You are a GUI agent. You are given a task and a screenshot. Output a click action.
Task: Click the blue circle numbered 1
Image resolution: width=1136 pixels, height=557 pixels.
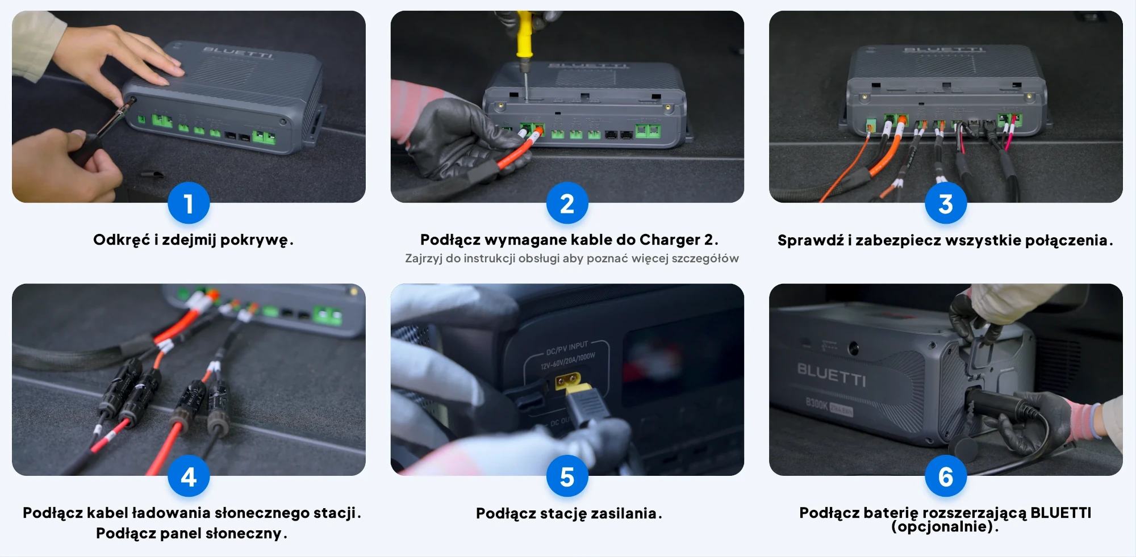(x=189, y=203)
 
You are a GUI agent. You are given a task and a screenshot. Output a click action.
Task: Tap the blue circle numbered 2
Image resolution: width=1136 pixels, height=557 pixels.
(x=567, y=203)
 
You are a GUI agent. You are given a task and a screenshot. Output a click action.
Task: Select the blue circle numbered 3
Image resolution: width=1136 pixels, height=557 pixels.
(x=946, y=203)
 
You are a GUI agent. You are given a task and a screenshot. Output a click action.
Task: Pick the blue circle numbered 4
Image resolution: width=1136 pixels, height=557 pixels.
(x=189, y=476)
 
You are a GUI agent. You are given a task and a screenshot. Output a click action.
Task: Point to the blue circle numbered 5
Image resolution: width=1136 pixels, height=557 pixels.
(x=567, y=476)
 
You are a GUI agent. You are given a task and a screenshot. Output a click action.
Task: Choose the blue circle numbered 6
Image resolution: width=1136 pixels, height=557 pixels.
(x=946, y=476)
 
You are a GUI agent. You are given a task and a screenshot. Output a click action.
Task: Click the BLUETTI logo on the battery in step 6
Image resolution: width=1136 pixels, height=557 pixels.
(x=832, y=374)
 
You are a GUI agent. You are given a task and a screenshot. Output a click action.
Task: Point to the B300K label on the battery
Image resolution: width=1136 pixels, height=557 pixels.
(x=817, y=404)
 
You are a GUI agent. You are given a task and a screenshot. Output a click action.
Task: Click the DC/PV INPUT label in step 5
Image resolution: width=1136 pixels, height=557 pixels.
(x=567, y=348)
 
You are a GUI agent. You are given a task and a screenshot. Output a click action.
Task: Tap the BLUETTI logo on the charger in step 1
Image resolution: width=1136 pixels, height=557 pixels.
(x=238, y=53)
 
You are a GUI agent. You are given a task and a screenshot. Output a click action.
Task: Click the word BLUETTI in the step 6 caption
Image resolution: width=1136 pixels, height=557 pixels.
(x=1060, y=513)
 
